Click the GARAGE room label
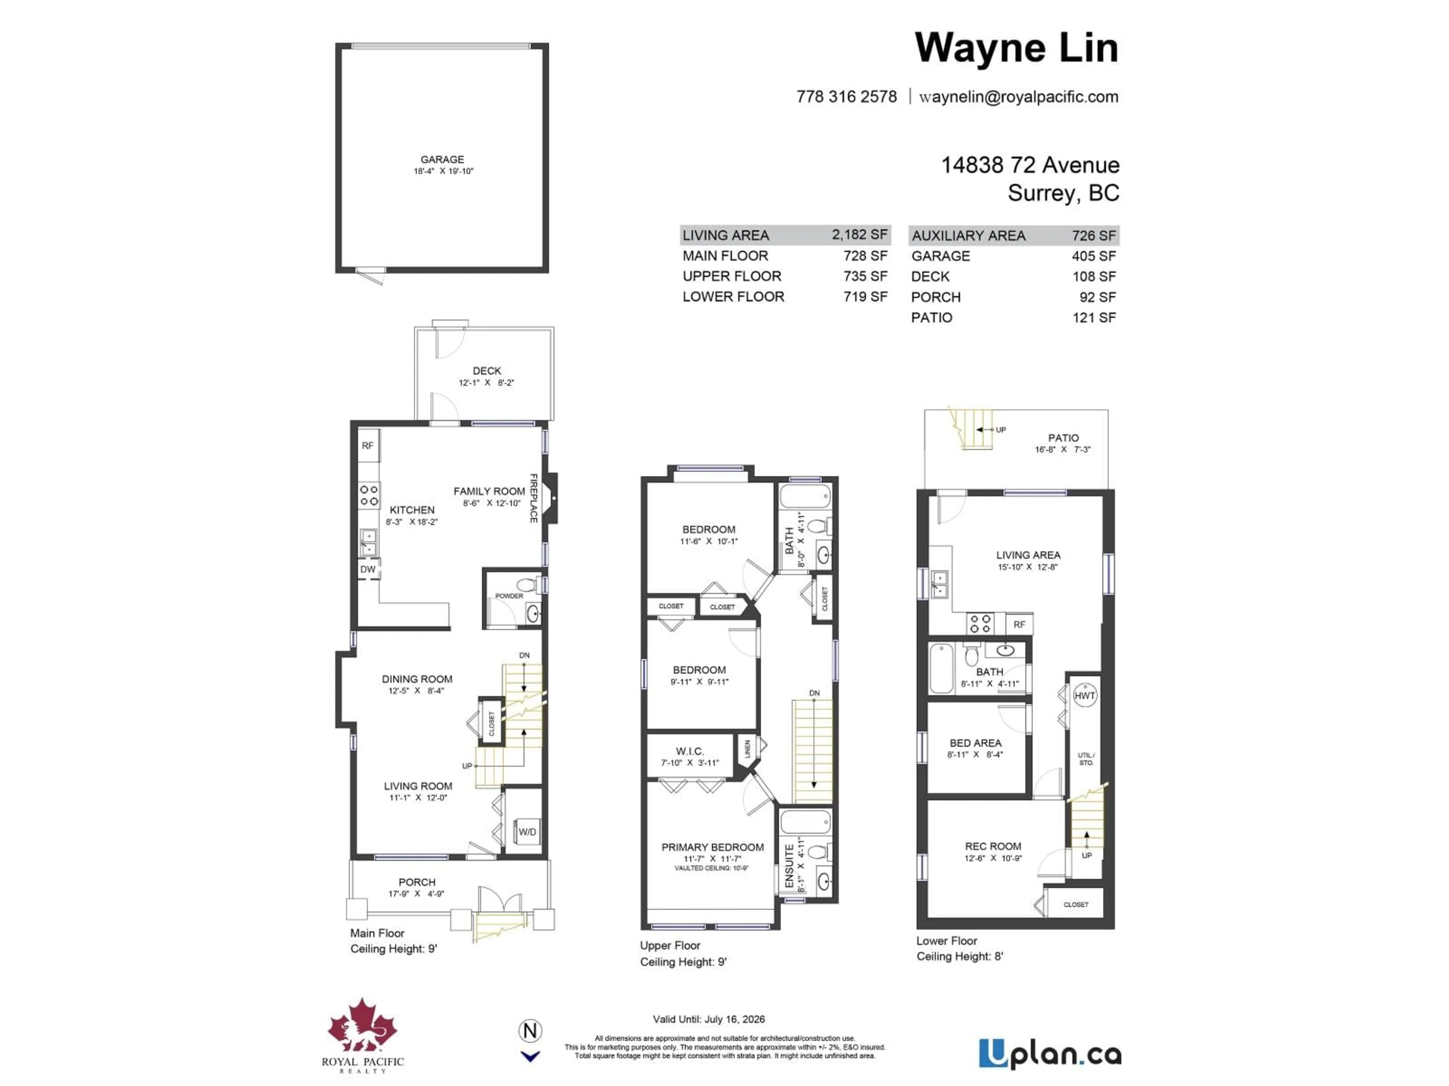point(442,159)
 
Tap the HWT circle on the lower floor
point(1085,696)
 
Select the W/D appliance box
point(527,832)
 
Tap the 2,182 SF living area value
point(860,234)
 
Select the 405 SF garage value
point(1093,256)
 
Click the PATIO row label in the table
point(932,318)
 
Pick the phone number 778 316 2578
point(846,97)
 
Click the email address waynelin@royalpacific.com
point(1018,97)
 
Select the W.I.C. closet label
point(690,752)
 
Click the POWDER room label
point(509,596)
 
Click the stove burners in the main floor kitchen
point(369,495)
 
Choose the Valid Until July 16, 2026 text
point(709,1019)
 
